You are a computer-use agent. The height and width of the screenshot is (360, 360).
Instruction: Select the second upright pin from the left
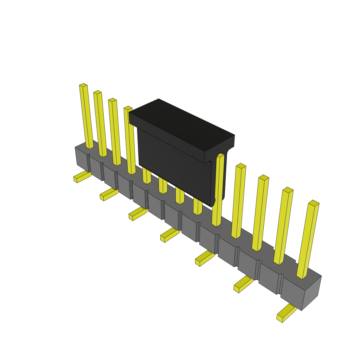[100, 123]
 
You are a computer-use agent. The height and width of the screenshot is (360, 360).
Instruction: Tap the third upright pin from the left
[115, 132]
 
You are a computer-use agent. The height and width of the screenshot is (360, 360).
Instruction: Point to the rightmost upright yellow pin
[308, 239]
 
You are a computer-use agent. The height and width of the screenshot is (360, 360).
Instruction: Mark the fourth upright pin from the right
[239, 201]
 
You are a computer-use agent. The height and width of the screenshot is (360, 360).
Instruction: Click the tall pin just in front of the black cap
[218, 190]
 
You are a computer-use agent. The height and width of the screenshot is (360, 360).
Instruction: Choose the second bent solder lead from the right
[242, 284]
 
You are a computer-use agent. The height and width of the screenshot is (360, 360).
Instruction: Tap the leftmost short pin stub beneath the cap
[147, 176]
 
